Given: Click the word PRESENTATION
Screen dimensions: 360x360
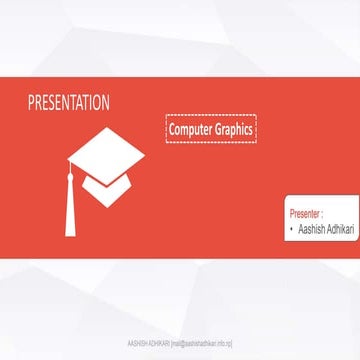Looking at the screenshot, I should click(x=69, y=103).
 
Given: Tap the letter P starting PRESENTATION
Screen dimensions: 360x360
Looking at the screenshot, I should click(x=31, y=103).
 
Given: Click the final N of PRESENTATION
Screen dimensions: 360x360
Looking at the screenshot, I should click(x=106, y=103).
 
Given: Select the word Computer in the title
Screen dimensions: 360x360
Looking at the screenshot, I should click(x=190, y=130).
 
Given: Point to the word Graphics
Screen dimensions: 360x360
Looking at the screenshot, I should click(x=234, y=130).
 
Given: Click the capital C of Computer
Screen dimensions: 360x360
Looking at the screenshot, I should click(x=172, y=130).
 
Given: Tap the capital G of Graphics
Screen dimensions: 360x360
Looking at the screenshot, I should click(x=219, y=130).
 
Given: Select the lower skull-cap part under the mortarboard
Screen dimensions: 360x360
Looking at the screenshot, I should click(x=110, y=186).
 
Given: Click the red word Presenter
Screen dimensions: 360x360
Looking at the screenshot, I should click(x=305, y=213).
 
